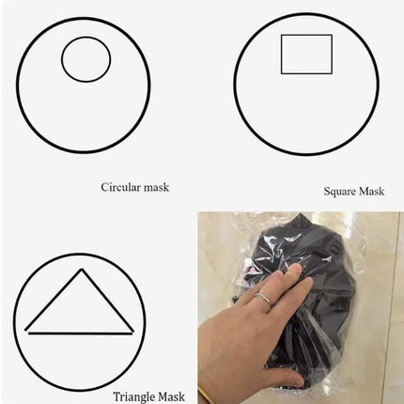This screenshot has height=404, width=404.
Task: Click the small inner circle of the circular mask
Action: pyautogui.click(x=62, y=59)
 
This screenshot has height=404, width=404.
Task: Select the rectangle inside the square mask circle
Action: pyautogui.click(x=281, y=54)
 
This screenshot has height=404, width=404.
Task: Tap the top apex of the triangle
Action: pyautogui.click(x=82, y=269)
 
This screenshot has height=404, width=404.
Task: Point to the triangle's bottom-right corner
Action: pyautogui.click(x=132, y=332)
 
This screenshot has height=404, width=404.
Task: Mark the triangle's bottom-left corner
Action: pyautogui.click(x=26, y=330)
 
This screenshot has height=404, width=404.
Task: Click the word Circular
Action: pyautogui.click(x=120, y=187)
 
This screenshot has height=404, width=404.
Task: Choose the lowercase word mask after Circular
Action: pyautogui.click(x=156, y=187)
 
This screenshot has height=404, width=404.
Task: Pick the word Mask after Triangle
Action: pyautogui.click(x=171, y=396)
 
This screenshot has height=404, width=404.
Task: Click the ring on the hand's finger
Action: pyautogui.click(x=264, y=299)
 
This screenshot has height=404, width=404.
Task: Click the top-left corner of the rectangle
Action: pyautogui.click(x=282, y=35)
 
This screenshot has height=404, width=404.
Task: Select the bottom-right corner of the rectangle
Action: pyautogui.click(x=332, y=73)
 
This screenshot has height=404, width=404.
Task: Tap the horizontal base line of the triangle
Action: pyautogui.click(x=81, y=334)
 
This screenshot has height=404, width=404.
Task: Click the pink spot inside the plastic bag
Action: pyautogui.click(x=250, y=270)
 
